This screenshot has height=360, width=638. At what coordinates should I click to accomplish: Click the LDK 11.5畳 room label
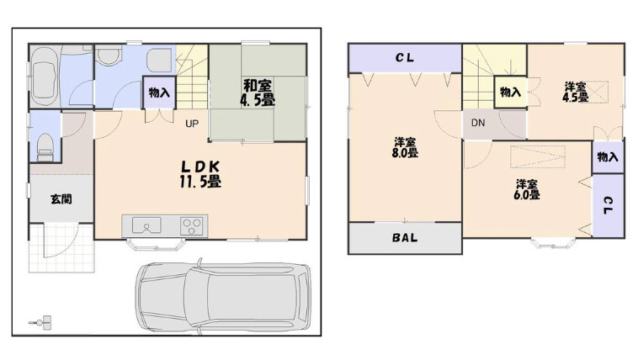200,174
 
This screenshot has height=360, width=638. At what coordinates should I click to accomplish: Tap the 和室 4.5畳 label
258,93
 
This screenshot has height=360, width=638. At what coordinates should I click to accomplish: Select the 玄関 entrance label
61,199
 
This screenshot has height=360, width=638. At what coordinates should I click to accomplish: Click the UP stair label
192,124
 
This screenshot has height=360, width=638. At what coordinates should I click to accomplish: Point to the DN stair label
478,123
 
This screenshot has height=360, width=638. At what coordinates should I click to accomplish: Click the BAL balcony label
405,237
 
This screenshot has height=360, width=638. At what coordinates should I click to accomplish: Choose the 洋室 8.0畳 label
405,148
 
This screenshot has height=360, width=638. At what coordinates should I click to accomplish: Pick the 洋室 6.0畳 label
527,189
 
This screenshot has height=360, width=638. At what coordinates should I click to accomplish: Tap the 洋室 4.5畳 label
575,92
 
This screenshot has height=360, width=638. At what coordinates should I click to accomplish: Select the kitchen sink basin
146,225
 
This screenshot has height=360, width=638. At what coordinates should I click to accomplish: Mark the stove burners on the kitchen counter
191,225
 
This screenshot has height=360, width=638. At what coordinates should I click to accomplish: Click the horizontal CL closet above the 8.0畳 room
405,58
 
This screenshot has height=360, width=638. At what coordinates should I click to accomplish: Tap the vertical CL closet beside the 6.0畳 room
608,205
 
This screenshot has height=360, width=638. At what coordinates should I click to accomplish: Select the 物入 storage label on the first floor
159,93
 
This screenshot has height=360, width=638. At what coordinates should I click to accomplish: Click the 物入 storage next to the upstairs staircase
511,92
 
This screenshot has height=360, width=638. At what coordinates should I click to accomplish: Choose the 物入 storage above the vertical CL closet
608,157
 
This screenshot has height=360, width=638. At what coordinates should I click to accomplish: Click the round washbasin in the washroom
109,55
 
